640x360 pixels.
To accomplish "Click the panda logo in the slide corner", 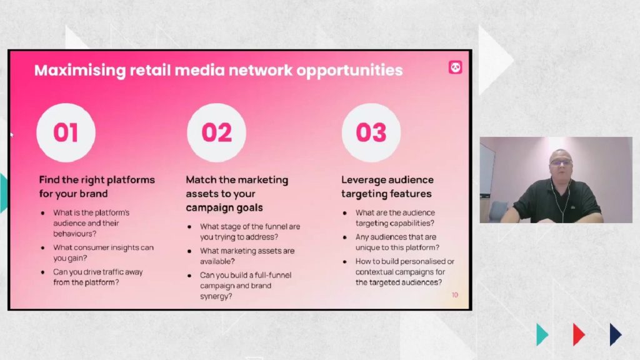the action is (455, 67).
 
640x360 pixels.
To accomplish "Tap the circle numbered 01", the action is (66, 132).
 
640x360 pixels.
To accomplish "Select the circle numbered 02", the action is (217, 132).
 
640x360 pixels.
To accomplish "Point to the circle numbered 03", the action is (371, 132).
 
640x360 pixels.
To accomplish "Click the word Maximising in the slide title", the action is (80, 71).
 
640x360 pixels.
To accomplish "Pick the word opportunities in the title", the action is (350, 71).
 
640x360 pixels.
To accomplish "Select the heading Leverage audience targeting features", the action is (387, 186).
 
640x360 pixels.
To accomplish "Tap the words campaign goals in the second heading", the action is (224, 207).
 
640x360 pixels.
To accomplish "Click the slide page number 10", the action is (455, 295).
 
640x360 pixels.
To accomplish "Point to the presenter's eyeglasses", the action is (561, 162).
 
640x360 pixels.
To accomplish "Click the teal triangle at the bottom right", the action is (542, 334).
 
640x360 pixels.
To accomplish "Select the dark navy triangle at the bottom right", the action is (616, 334).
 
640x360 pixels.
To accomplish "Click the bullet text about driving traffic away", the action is (98, 277).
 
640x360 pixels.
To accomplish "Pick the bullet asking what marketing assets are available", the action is (247, 256).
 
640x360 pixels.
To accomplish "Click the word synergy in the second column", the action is (216, 297).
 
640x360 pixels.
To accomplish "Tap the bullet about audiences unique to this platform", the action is (397, 242).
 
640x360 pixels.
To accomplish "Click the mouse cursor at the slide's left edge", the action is (11, 134).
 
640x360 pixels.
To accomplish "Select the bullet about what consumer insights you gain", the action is (103, 252).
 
